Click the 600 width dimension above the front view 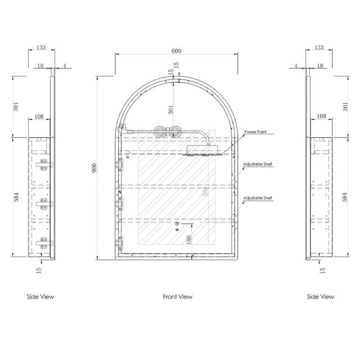coord(176,51)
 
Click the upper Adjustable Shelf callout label coord(258,165)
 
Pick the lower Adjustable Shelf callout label coord(258,199)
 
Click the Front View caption coord(178,296)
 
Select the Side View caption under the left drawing coord(40,296)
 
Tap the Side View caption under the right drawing coord(320,296)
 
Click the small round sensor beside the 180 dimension coord(177,224)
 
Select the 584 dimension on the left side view coord(16,197)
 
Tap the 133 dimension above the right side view coord(319,48)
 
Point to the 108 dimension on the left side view coord(39,117)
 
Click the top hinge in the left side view coord(42,165)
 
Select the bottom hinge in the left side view coord(42,243)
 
